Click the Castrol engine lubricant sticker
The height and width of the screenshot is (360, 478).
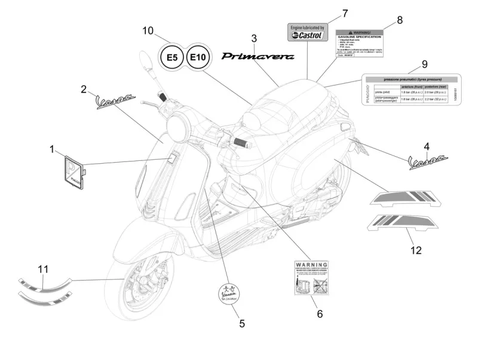pyautogui.click(x=307, y=32)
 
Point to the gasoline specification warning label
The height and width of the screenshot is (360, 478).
pyautogui.click(x=358, y=42)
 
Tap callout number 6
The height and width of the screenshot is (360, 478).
pyautogui.click(x=319, y=313)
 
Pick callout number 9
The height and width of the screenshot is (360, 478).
pyautogui.click(x=424, y=64)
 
